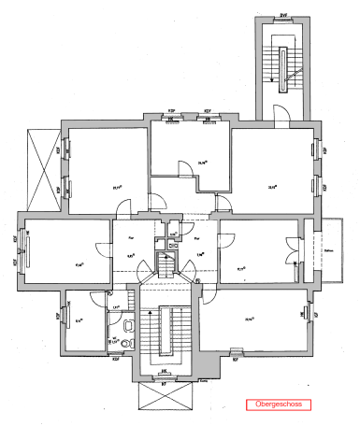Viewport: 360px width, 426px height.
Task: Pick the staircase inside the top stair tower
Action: tap(283, 66)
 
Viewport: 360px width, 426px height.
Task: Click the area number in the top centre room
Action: tap(202, 161)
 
